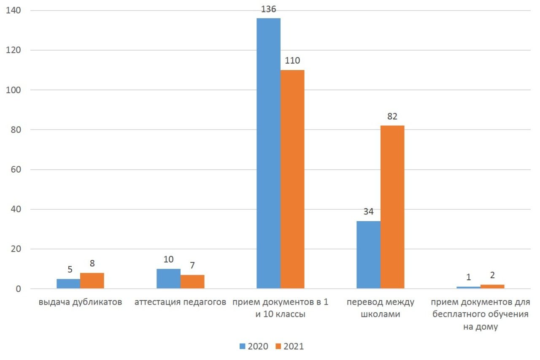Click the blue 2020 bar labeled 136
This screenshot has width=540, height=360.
click(x=268, y=153)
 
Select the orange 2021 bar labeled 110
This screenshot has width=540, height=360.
click(x=292, y=179)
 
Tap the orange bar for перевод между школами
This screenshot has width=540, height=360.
click(x=392, y=207)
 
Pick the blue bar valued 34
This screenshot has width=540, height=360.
click(x=368, y=254)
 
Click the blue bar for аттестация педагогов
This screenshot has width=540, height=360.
click(x=168, y=279)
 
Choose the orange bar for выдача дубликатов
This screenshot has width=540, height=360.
click(x=92, y=281)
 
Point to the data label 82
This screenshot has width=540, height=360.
click(x=392, y=116)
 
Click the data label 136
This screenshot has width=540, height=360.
click(x=269, y=9)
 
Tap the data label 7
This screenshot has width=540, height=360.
click(x=192, y=265)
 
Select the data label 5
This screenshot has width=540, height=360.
click(x=70, y=269)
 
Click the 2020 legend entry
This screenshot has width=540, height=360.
click(x=254, y=346)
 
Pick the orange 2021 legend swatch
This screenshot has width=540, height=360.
click(x=278, y=346)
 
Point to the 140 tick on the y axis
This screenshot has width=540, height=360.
click(x=13, y=11)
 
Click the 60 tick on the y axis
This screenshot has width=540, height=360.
click(x=16, y=170)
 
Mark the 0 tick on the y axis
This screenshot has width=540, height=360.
click(x=18, y=289)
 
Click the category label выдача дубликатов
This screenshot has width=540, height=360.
click(x=80, y=302)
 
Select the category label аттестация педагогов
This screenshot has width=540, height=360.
click(x=180, y=302)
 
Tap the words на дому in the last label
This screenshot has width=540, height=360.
click(x=481, y=327)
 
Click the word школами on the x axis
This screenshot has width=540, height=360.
click(x=381, y=314)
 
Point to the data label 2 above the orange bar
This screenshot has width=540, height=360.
click(x=492, y=275)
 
